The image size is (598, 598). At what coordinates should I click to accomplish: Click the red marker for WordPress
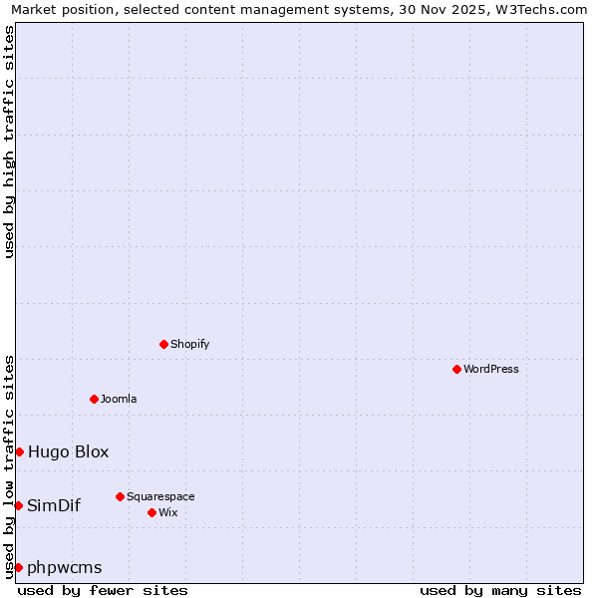(x=456, y=369)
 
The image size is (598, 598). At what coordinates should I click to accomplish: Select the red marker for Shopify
(x=163, y=344)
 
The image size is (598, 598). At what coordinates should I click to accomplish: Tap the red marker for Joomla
(x=94, y=399)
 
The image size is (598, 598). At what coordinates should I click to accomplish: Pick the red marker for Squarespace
(x=120, y=496)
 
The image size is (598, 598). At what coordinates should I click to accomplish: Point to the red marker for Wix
(x=151, y=512)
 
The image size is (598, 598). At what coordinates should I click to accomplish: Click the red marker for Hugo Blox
(x=19, y=451)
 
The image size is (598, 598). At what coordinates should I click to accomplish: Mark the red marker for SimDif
(x=18, y=505)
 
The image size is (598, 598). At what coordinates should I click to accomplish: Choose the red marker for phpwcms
(x=18, y=567)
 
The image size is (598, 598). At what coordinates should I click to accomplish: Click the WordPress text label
(x=491, y=369)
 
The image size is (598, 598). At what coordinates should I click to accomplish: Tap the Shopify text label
(x=189, y=344)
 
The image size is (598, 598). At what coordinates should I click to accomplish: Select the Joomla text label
(x=119, y=399)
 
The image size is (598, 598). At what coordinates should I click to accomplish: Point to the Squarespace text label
(x=160, y=496)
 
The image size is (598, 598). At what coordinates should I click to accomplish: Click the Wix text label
(x=168, y=512)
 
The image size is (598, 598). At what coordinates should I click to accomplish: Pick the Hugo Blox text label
(x=69, y=451)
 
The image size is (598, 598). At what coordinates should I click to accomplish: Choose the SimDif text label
(x=54, y=505)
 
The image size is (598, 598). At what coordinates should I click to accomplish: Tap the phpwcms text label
(x=65, y=567)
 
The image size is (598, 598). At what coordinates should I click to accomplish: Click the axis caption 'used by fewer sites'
(x=103, y=590)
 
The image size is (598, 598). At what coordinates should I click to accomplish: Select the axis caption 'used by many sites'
(x=500, y=590)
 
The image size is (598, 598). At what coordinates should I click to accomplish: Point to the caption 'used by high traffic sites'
(x=9, y=142)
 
